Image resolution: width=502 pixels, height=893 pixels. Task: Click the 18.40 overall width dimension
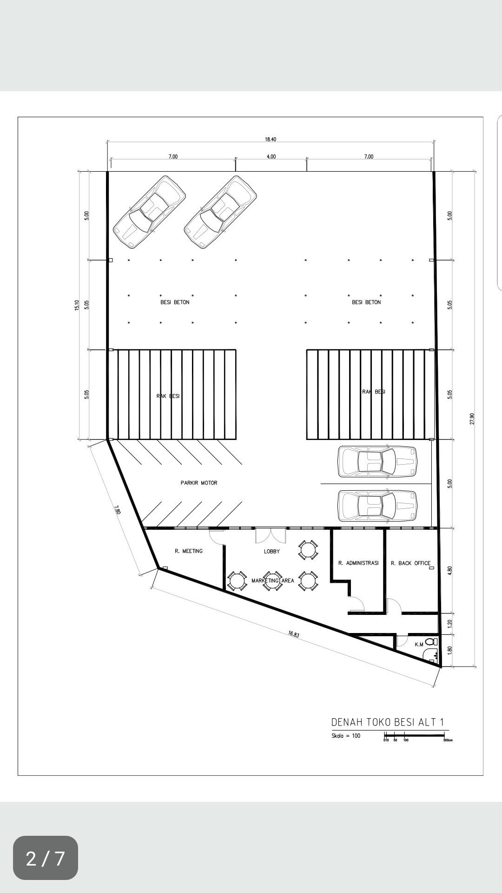pyautogui.click(x=271, y=140)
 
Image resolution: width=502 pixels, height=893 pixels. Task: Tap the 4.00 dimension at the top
pyautogui.click(x=271, y=157)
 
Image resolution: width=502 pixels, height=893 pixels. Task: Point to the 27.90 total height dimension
pyautogui.click(x=472, y=419)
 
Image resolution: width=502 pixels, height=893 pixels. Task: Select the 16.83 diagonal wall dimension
pyautogui.click(x=294, y=633)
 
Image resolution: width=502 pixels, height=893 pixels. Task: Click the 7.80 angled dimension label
pyautogui.click(x=117, y=510)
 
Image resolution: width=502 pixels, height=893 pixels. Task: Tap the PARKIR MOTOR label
pyautogui.click(x=199, y=483)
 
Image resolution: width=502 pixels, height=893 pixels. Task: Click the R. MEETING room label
pyautogui.click(x=189, y=551)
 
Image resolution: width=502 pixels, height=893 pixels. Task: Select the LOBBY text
pyautogui.click(x=272, y=552)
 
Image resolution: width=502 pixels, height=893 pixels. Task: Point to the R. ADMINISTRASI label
pyautogui.click(x=358, y=563)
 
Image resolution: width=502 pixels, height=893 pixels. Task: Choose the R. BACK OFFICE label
pyautogui.click(x=410, y=563)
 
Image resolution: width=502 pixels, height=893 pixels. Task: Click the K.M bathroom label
pyautogui.click(x=419, y=644)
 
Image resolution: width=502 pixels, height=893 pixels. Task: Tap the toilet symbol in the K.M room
pyautogui.click(x=431, y=642)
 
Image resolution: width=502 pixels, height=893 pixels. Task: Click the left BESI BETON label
pyautogui.click(x=175, y=302)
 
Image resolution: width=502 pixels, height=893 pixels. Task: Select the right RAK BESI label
pyautogui.click(x=374, y=392)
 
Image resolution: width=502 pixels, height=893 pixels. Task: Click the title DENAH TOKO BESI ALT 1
pyautogui.click(x=388, y=722)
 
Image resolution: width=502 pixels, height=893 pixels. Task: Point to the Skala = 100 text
pyautogui.click(x=346, y=736)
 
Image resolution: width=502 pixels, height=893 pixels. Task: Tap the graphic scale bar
pyautogui.click(x=414, y=735)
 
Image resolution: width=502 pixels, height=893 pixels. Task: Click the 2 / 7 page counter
pyautogui.click(x=45, y=859)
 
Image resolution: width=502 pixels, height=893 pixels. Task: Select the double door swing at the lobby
pyautogui.click(x=271, y=536)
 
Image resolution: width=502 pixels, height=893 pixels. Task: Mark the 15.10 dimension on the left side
pyautogui.click(x=77, y=305)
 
